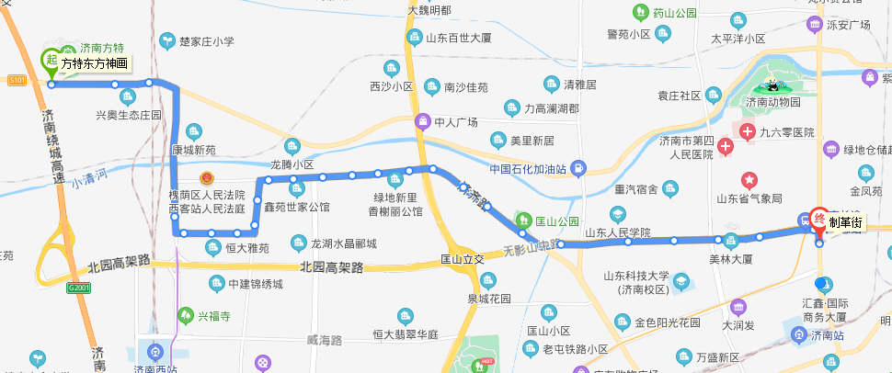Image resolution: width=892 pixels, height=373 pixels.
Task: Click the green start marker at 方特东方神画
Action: pos(51,61)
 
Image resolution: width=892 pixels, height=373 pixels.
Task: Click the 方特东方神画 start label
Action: pos(94,63)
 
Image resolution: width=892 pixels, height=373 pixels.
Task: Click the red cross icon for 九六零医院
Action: pos(749,132)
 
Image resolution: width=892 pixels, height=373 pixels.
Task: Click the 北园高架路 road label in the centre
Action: pos(331,267)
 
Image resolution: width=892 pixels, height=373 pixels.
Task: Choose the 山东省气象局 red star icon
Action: pos(750,179)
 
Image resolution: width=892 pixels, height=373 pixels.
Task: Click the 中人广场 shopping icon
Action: pos(422,120)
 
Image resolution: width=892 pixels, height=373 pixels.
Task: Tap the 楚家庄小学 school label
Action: pos(207,40)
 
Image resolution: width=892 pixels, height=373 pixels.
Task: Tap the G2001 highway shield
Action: pos(79,288)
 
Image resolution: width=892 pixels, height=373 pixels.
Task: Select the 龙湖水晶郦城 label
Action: pos(344,243)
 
